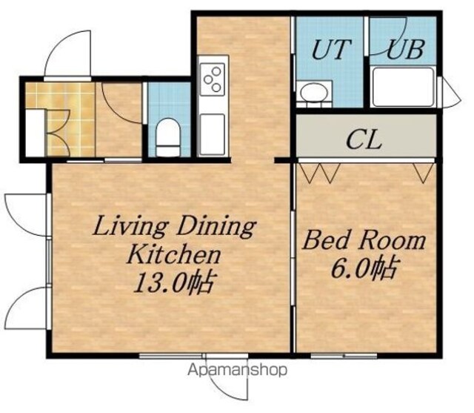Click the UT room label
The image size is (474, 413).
(332, 49)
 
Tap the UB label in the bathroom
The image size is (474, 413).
(406, 49)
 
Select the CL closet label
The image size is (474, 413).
(364, 140)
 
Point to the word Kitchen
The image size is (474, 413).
(174, 255)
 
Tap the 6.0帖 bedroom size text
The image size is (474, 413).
(364, 268)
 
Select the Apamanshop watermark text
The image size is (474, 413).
(237, 370)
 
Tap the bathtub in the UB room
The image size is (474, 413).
(403, 87)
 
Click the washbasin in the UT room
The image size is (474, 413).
(314, 91)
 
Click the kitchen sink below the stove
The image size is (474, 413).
(213, 133)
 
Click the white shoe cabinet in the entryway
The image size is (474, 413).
(36, 133)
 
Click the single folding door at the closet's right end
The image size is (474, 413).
(423, 174)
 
